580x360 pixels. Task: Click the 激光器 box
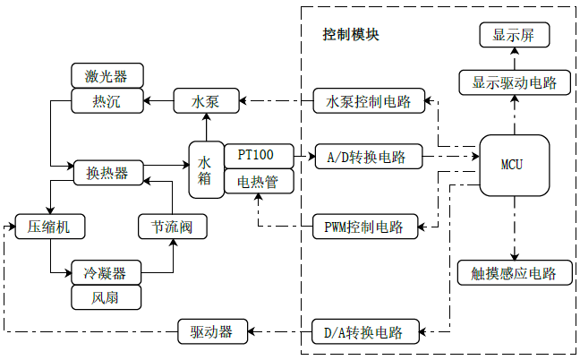[107, 74]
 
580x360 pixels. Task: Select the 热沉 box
[107, 101]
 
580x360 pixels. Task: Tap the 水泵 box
[206, 101]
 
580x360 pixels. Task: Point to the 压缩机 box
[49, 227]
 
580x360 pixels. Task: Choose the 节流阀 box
[173, 227]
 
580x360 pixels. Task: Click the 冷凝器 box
[106, 272]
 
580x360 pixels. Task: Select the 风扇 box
[106, 297]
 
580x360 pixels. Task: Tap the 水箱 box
[205, 169]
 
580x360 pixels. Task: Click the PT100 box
[256, 155]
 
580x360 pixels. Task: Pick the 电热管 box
[256, 183]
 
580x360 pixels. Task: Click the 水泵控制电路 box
[369, 101]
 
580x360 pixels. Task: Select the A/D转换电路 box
[366, 158]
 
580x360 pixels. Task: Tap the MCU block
[513, 166]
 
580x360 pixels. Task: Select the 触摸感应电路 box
[514, 273]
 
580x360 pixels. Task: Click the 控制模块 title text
[351, 36]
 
